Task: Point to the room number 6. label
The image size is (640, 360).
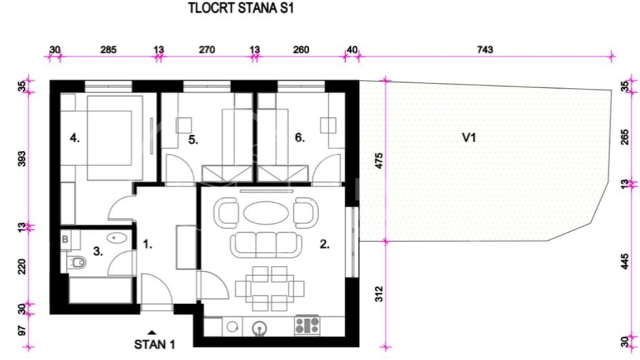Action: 300,139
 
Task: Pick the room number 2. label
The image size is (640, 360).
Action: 325,245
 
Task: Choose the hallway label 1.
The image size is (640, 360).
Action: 148,245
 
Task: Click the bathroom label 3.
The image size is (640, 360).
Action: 98,251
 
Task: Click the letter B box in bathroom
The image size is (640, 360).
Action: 66,237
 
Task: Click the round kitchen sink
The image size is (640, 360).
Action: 259,327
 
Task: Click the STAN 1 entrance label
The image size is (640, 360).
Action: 155,345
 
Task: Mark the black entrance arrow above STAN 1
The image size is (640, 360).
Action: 153,332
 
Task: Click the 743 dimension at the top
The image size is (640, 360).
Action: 485,50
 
